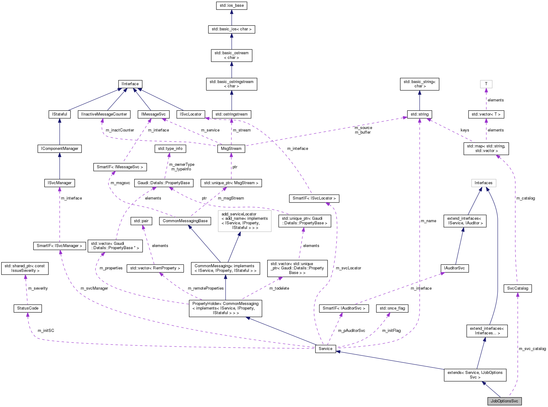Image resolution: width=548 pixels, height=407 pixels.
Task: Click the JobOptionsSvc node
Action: (x=504, y=401)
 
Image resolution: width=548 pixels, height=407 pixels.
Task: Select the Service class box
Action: (x=325, y=348)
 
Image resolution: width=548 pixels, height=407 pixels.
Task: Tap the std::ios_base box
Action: (x=231, y=6)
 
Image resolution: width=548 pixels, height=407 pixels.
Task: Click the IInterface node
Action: (x=130, y=84)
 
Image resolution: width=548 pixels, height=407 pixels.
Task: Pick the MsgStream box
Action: (x=231, y=149)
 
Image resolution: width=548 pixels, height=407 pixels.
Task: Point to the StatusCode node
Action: (x=28, y=308)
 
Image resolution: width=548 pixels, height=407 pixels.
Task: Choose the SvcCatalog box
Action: (x=517, y=288)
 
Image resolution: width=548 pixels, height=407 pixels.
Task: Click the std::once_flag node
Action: (x=392, y=308)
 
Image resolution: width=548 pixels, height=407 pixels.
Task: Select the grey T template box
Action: (x=486, y=84)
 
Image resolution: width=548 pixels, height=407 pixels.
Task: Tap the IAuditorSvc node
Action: (x=454, y=268)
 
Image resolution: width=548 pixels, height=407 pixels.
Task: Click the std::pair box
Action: (x=141, y=221)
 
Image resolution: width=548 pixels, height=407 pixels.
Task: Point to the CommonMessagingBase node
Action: (x=185, y=221)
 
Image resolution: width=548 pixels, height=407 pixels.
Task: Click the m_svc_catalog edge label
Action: (x=532, y=348)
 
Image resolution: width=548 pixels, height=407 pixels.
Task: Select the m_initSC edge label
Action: (x=46, y=330)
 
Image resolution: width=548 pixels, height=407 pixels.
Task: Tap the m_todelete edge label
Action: (x=279, y=288)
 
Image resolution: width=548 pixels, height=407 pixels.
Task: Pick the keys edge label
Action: (x=465, y=130)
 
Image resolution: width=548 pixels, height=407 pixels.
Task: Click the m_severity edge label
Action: (x=38, y=288)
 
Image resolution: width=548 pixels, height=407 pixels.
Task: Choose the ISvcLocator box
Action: (x=190, y=114)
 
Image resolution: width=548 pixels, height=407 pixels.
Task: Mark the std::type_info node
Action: (x=170, y=149)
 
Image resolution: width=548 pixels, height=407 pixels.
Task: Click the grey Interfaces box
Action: (x=483, y=183)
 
